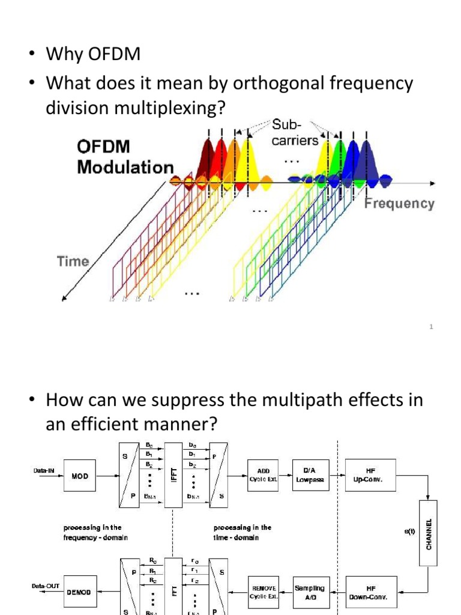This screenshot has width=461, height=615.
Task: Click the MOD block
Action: click(80, 476)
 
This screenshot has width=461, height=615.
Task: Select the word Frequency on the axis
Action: click(399, 204)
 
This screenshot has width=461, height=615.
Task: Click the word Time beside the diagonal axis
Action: click(73, 261)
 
